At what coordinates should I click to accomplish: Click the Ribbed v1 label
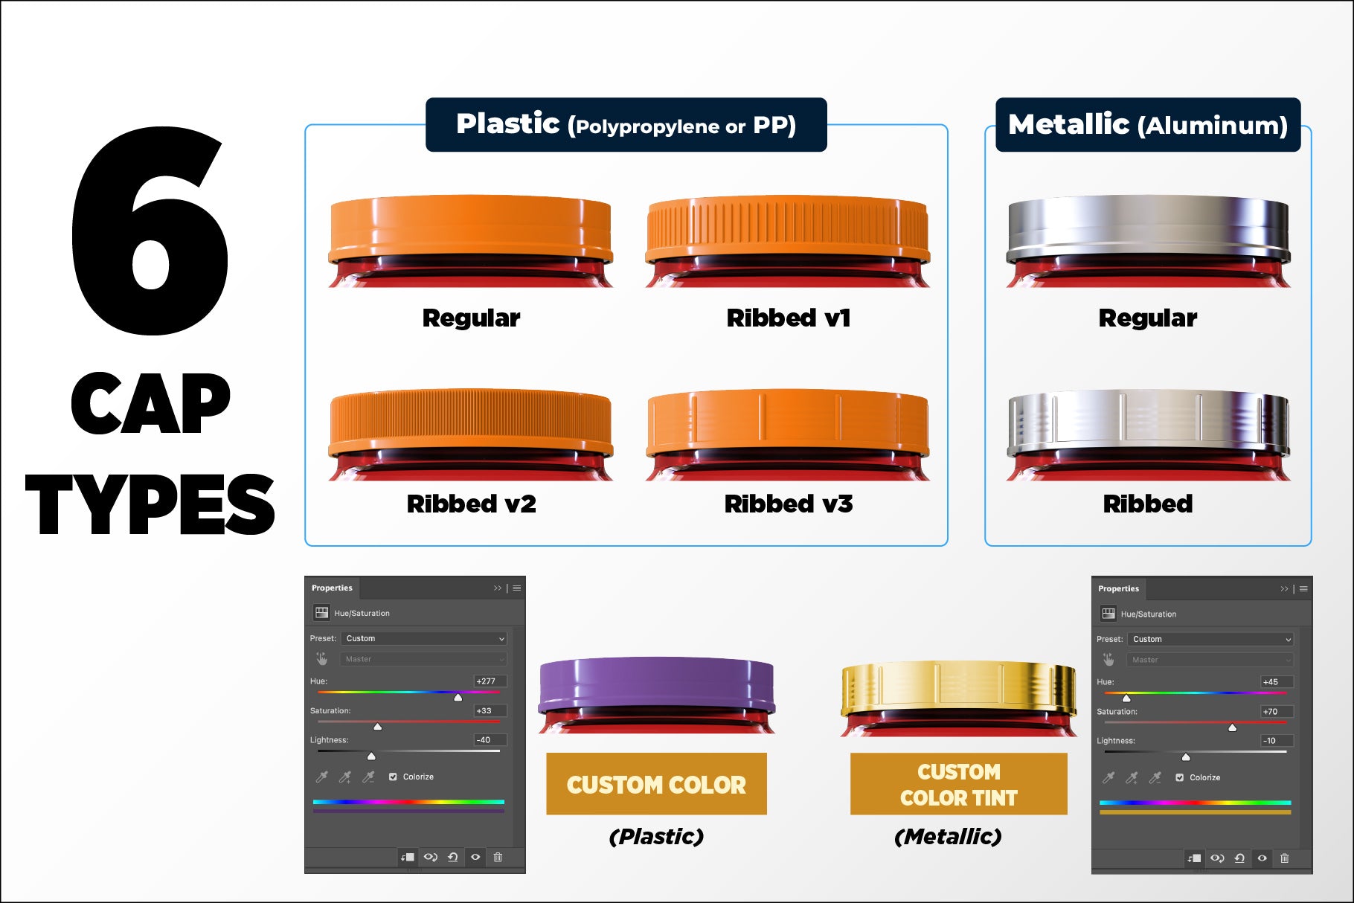(789, 318)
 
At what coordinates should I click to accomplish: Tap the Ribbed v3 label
(789, 504)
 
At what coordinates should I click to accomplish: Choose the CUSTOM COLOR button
(656, 784)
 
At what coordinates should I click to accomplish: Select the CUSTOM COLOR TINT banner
(959, 784)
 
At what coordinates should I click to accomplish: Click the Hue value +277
(486, 681)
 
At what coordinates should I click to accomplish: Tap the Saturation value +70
(1271, 712)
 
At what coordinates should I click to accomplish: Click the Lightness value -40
(484, 740)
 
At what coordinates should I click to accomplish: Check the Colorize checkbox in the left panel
(393, 777)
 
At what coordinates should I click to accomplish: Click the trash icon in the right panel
(1285, 858)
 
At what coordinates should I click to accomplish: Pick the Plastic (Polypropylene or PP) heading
(626, 125)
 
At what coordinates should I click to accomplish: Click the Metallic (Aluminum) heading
(1148, 125)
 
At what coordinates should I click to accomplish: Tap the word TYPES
(150, 504)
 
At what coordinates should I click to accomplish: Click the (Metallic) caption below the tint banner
(949, 837)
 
